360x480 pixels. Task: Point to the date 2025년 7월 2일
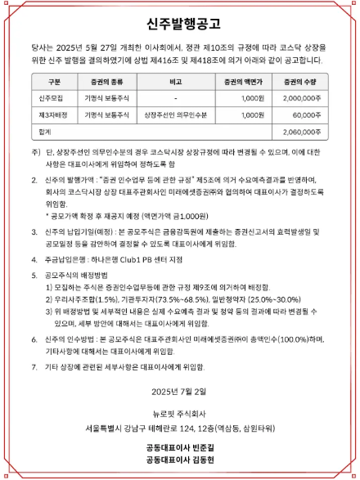[180, 392]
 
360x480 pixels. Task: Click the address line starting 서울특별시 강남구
[180, 426]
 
